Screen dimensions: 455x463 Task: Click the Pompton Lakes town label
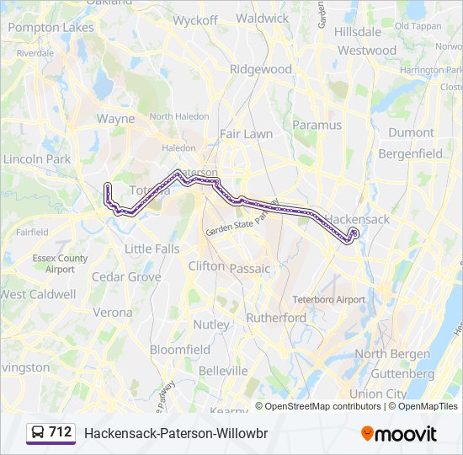pos(51,28)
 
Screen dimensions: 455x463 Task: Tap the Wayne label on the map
pos(115,119)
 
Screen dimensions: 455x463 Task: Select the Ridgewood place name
pos(261,69)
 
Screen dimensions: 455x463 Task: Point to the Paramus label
pos(317,125)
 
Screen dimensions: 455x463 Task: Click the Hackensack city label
pos(358,219)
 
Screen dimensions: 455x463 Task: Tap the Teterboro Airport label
pos(329,299)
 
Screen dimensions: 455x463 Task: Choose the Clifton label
pos(207,265)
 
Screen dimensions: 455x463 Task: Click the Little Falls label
pos(152,249)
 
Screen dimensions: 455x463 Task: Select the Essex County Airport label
pos(60,264)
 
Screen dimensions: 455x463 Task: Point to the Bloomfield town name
pos(180,349)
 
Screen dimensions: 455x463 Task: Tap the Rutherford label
pos(276,318)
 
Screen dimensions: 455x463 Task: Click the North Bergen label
pos(382,354)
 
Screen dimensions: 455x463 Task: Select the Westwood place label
pos(367,50)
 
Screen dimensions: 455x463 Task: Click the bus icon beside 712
pos(38,433)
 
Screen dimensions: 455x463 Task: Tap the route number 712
pos(61,432)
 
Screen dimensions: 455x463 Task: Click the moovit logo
pos(399,434)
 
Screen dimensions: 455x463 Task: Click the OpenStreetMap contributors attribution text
pos(322,406)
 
